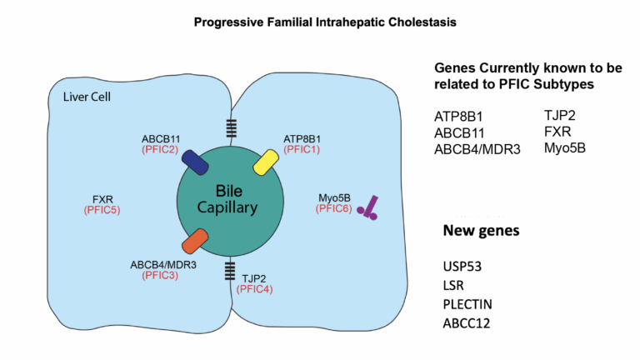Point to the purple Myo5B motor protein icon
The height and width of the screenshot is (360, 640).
coord(367,208)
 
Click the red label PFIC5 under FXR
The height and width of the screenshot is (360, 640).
coord(102,210)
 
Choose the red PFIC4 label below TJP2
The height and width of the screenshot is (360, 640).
coord(253,288)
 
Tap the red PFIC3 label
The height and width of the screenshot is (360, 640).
coord(160,275)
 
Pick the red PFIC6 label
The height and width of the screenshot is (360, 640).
coord(332,208)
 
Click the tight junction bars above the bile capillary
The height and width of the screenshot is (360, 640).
coord(231,128)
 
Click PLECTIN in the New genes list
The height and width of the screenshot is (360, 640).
coord(469,303)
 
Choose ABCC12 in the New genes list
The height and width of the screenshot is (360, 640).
coord(467,322)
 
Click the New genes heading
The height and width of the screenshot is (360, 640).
coord(482,230)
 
